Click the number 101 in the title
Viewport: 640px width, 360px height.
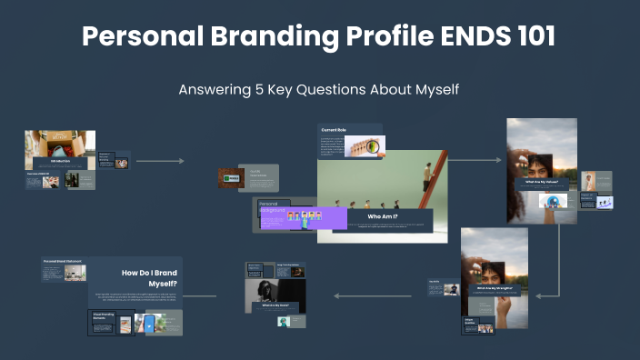(x=526, y=37)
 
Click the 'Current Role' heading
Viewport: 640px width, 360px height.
(x=335, y=130)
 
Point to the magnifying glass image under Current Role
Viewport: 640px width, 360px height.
(x=365, y=146)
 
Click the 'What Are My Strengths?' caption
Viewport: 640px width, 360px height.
(x=494, y=289)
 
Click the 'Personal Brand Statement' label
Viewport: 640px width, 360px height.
(x=63, y=261)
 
